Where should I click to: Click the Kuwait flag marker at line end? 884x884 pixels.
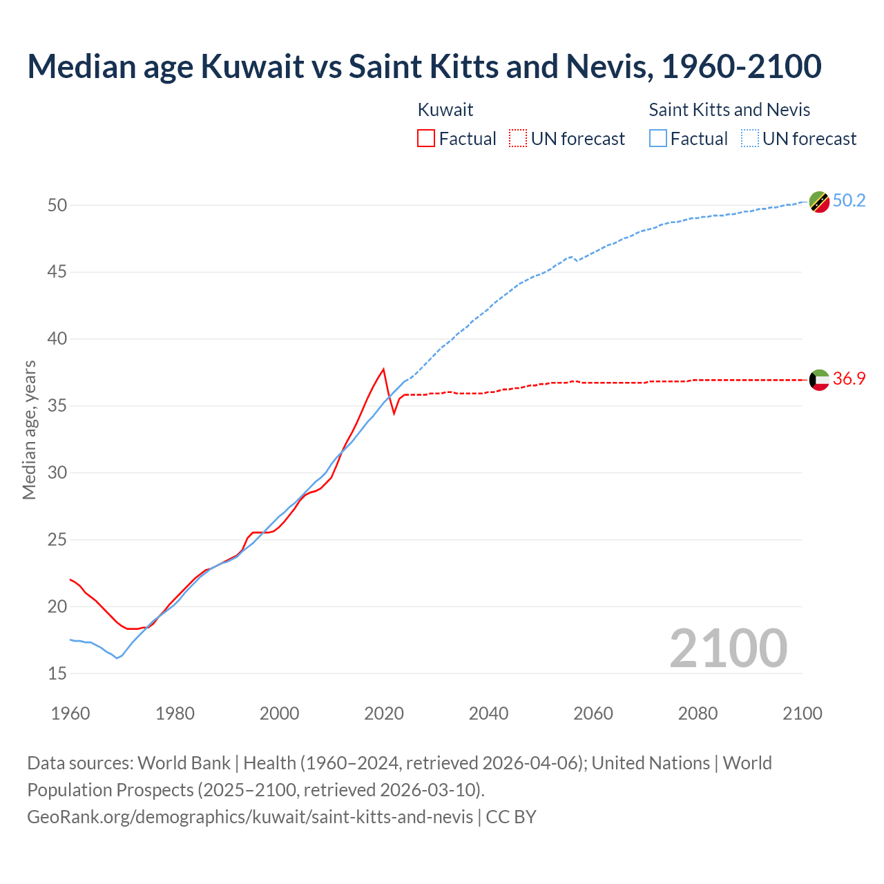[x=819, y=379]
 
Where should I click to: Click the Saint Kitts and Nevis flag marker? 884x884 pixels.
[x=819, y=202]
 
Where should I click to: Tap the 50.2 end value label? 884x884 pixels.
[x=849, y=201]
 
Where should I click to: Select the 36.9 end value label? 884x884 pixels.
[x=849, y=378]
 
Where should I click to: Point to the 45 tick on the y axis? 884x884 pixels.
[x=57, y=272]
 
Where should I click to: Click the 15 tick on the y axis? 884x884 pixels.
[x=57, y=673]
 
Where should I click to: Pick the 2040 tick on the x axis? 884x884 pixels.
[x=488, y=713]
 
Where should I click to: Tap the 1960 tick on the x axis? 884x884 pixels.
[x=70, y=713]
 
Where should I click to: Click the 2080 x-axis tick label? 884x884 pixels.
[x=698, y=713]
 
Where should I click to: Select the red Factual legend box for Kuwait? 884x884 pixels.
[x=426, y=139]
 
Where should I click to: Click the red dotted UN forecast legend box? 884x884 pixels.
[x=518, y=139]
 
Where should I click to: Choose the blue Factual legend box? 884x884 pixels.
[x=658, y=139]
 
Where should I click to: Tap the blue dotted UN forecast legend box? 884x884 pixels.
[x=750, y=139]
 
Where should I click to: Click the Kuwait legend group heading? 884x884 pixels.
[x=445, y=110]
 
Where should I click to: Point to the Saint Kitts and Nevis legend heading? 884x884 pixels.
[x=729, y=110]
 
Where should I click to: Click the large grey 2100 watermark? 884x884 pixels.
[x=728, y=648]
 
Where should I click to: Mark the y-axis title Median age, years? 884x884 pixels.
[x=29, y=430]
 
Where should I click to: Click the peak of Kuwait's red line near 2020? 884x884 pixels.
[x=383, y=369]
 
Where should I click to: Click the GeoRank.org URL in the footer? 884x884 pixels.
[x=250, y=817]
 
